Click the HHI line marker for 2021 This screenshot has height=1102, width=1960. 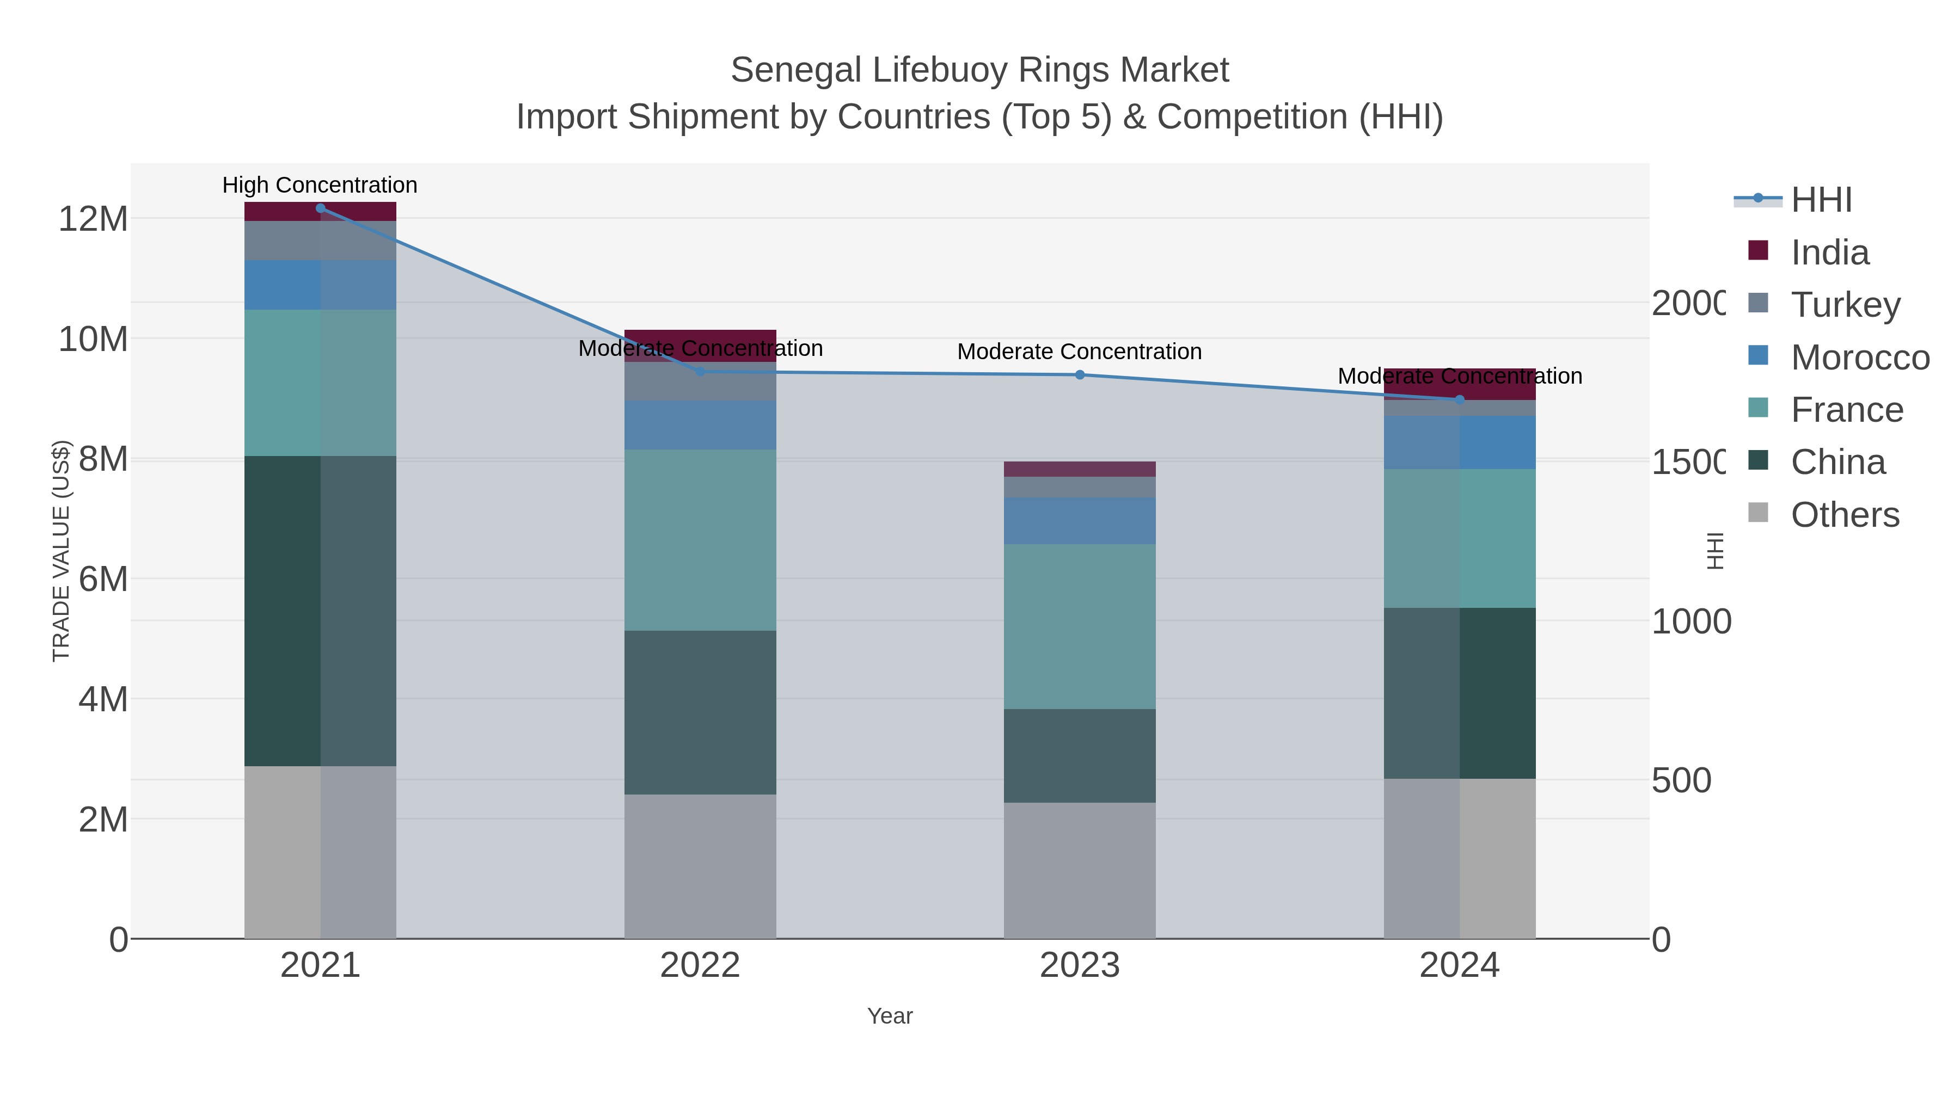click(320, 208)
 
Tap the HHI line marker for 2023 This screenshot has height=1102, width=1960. click(1080, 375)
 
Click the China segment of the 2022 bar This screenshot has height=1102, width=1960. click(700, 712)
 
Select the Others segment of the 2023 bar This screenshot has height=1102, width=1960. click(1080, 870)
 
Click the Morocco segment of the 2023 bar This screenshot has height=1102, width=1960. click(1080, 520)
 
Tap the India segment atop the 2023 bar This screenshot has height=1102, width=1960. click(1080, 469)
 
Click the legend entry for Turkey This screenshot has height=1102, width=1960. click(1845, 304)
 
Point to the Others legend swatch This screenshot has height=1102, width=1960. click(1759, 513)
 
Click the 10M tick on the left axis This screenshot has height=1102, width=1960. click(93, 338)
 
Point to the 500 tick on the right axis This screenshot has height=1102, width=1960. click(1682, 780)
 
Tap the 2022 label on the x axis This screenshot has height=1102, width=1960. click(700, 965)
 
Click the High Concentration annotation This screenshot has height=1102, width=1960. click(320, 185)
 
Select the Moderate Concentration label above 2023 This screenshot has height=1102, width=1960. click(1079, 352)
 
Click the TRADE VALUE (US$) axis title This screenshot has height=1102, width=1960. click(61, 551)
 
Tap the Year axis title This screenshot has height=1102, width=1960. click(890, 1016)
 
